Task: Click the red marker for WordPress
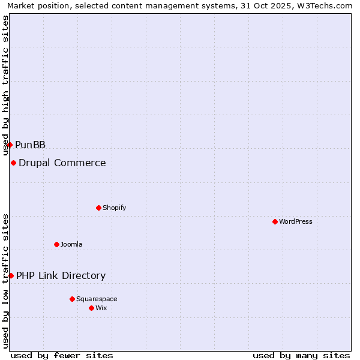click(275, 221)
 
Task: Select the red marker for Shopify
click(98, 208)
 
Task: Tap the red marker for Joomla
click(56, 244)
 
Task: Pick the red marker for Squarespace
click(72, 299)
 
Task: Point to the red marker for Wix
click(91, 308)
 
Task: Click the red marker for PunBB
click(10, 145)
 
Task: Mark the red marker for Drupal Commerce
click(13, 163)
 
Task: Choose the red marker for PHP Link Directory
click(11, 275)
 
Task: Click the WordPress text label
click(296, 221)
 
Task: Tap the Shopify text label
click(114, 208)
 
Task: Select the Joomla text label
click(71, 244)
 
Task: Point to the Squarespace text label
click(97, 299)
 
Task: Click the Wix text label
click(101, 308)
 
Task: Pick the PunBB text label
click(30, 145)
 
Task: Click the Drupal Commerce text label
click(62, 163)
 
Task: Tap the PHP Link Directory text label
click(61, 275)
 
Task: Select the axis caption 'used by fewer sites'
click(62, 355)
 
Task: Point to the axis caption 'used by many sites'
click(301, 355)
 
